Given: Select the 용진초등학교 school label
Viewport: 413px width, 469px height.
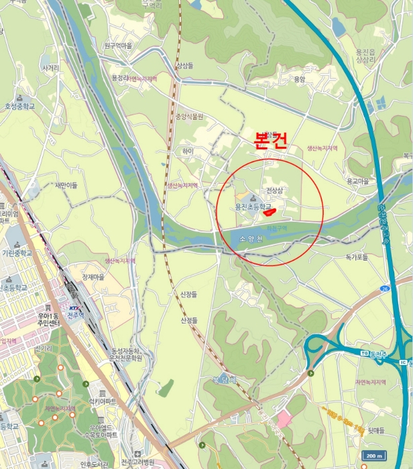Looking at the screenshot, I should click(253, 208).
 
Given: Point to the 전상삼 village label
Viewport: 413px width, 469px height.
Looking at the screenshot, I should click(276, 191).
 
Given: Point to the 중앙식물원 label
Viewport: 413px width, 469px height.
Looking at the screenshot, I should click(188, 116).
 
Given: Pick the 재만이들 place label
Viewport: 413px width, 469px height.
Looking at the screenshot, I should click(66, 184).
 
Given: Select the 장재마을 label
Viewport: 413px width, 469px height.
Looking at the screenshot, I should click(93, 277).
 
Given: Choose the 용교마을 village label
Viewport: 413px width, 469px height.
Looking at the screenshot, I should click(357, 181).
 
